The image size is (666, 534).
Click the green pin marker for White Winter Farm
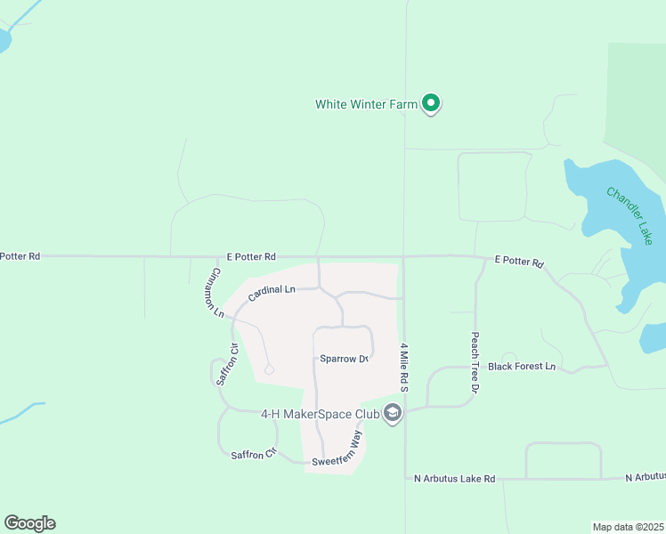pos(431,103)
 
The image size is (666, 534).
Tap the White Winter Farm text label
pos(366,104)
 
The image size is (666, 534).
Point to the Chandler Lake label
pos(629,215)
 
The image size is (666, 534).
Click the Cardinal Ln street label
pos(272,291)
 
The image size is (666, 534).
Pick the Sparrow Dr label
pos(344,359)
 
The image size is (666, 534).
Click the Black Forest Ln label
pos(522,366)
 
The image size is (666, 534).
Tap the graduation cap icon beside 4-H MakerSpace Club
pos(393,414)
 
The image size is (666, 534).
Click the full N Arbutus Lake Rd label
pos(454,479)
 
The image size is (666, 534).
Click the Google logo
pos(29,523)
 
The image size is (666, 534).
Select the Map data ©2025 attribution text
pos(628,526)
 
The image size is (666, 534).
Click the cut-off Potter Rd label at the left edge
pos(20,256)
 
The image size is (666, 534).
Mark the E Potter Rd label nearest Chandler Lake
pos(519,262)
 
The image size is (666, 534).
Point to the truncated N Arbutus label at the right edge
pos(646,478)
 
